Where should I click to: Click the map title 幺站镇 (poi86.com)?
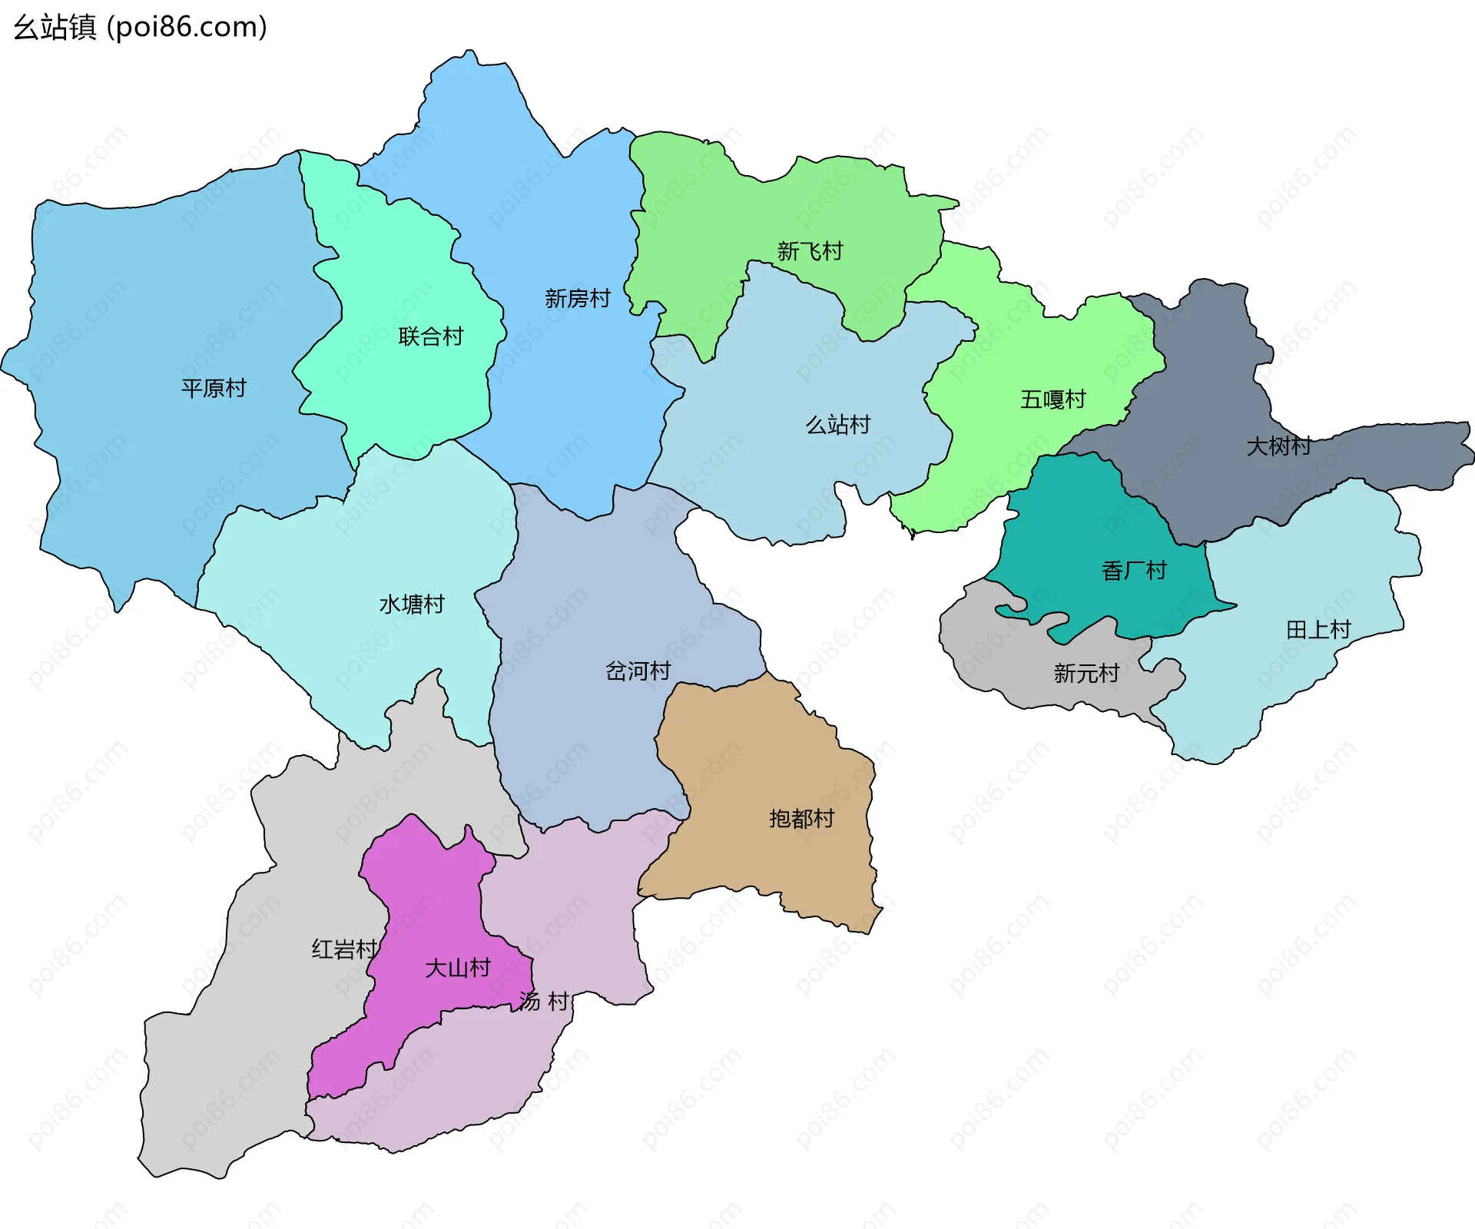pyautogui.click(x=141, y=28)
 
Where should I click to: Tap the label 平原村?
pyautogui.click(x=214, y=388)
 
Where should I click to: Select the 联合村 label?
pyautogui.click(x=431, y=336)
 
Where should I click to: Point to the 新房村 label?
pyautogui.click(x=578, y=298)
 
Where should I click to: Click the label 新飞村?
pyautogui.click(x=810, y=251)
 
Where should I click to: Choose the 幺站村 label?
pyautogui.click(x=837, y=425)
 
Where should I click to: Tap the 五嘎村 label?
pyautogui.click(x=1052, y=399)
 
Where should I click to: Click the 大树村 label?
pyautogui.click(x=1278, y=446)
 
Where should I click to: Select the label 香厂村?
pyautogui.click(x=1134, y=571)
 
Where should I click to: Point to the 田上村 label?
pyautogui.click(x=1318, y=630)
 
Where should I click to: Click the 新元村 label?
pyautogui.click(x=1086, y=674)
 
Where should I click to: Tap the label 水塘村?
pyautogui.click(x=412, y=605)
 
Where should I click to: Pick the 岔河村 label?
pyautogui.click(x=638, y=671)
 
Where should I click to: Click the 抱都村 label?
pyautogui.click(x=801, y=819)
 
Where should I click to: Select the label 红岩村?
pyautogui.click(x=344, y=949)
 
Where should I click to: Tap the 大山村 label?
pyautogui.click(x=458, y=968)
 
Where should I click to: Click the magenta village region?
pyautogui.click(x=430, y=906)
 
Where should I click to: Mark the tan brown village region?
pyautogui.click(x=761, y=768)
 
